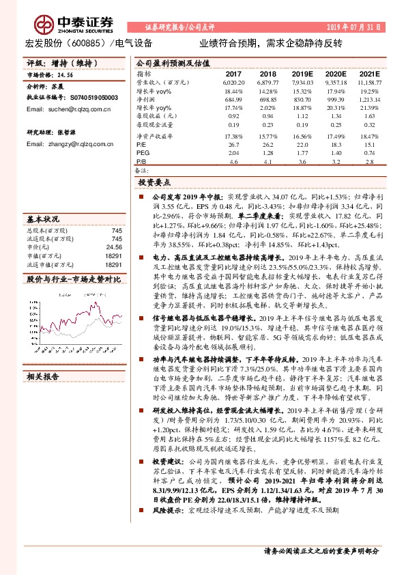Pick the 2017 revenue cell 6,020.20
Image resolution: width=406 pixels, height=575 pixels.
tap(233, 81)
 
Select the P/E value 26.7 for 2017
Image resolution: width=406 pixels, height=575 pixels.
tap(233, 145)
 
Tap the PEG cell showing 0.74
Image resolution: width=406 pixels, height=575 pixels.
tap(370, 154)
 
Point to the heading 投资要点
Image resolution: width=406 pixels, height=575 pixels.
tap(154, 183)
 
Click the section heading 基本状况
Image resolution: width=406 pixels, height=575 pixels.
tap(42, 220)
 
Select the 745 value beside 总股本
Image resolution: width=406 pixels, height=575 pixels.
tap(117, 230)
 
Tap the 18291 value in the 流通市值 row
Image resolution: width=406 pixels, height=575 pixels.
tap(114, 264)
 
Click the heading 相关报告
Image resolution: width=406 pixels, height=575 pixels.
tap(42, 376)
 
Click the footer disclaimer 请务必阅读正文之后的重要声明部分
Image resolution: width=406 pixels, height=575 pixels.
tap(321, 550)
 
